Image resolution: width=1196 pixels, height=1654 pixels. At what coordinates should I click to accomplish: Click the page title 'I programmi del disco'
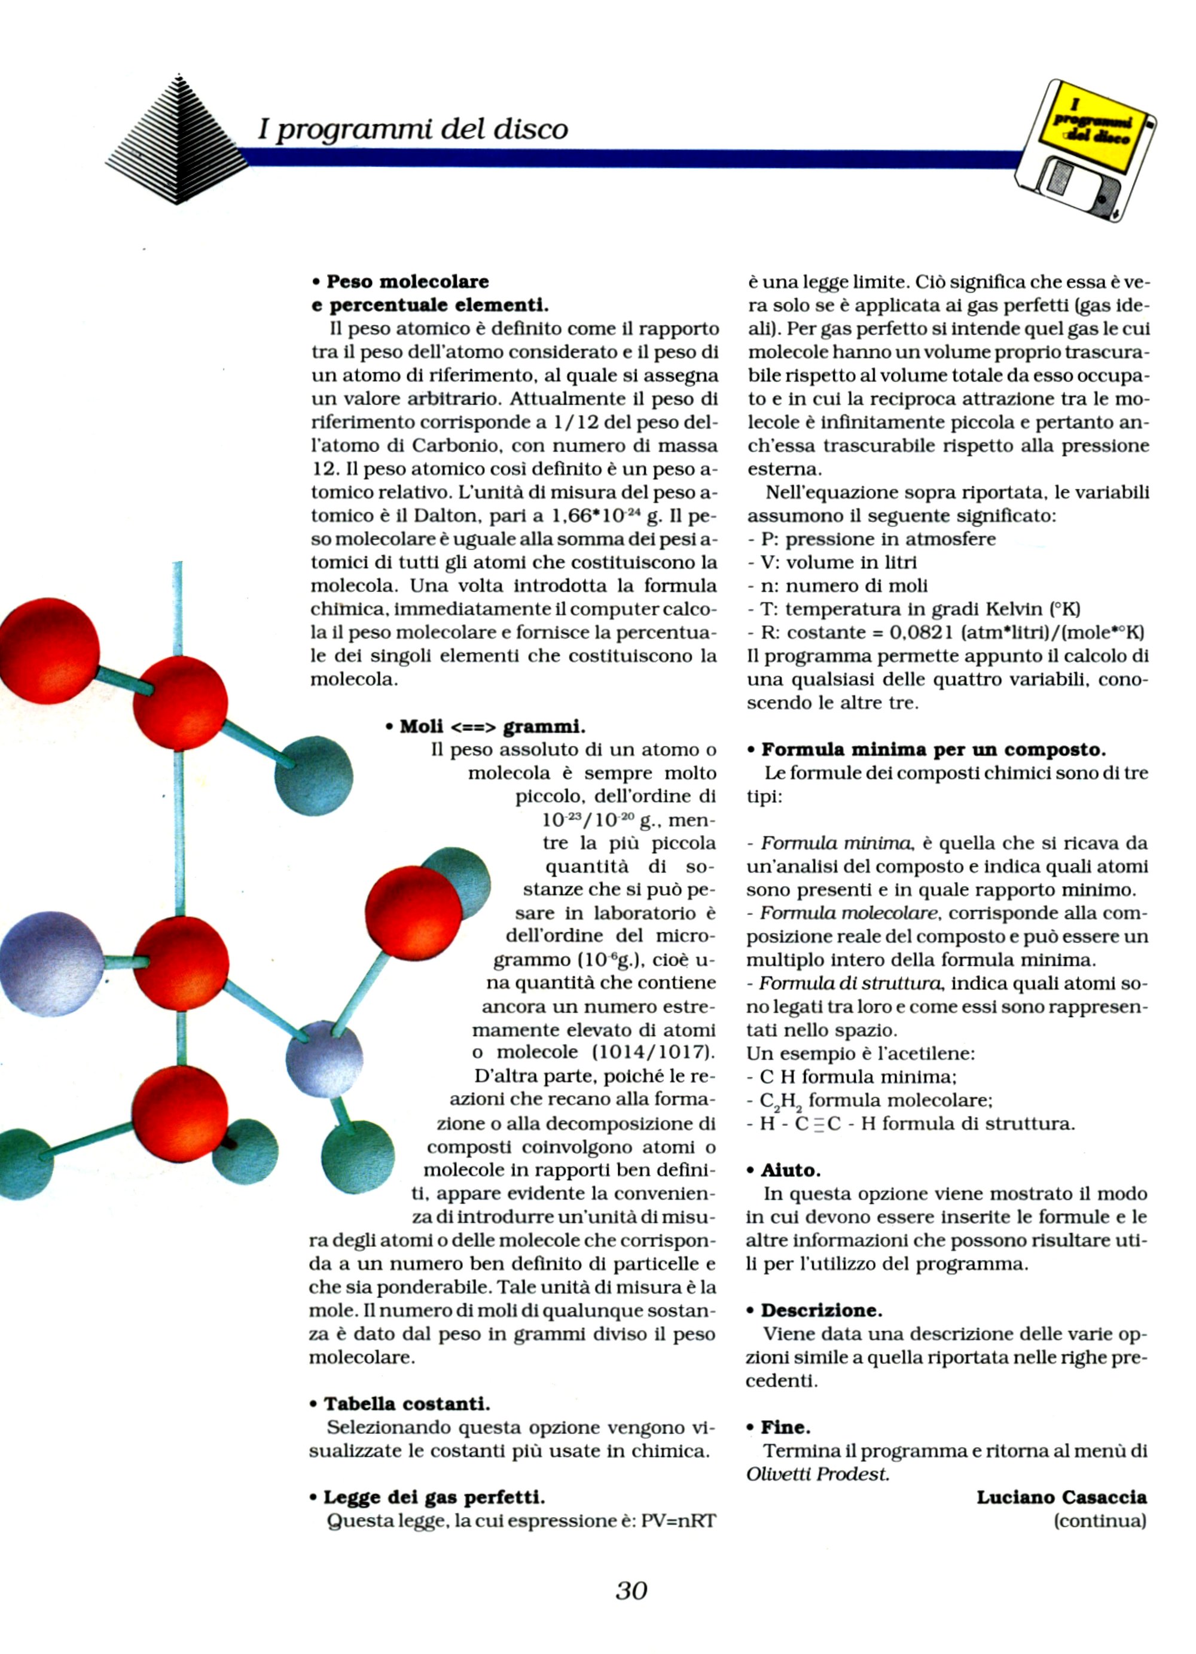(x=412, y=129)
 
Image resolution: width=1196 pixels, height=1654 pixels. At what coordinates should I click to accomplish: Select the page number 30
(x=631, y=1590)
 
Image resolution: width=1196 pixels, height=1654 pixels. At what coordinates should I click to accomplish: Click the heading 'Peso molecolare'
(x=407, y=282)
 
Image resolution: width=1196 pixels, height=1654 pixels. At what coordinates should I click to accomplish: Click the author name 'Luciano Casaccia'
(x=1061, y=1497)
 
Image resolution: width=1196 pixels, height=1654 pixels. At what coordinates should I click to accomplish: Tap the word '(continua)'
(x=1100, y=1521)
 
